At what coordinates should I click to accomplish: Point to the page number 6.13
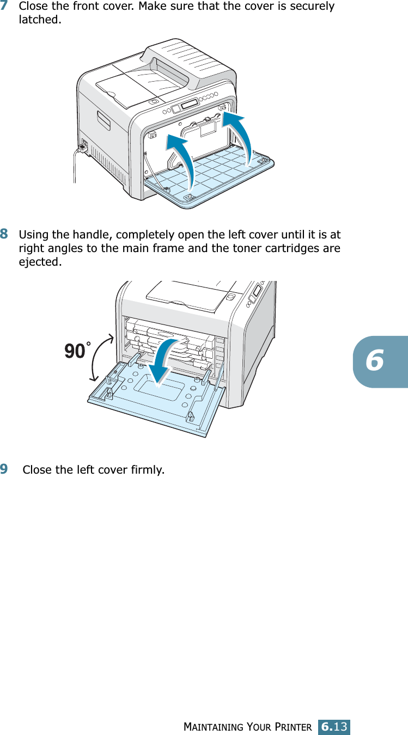[334, 726]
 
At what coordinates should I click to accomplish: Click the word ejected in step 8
[39, 262]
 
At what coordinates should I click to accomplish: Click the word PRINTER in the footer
[293, 727]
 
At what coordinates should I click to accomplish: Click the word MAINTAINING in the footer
[215, 727]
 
